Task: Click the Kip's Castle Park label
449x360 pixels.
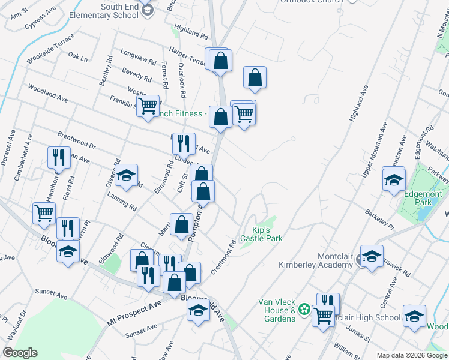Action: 261,234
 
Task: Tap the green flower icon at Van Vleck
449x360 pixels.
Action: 304,310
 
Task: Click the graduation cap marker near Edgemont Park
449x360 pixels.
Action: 394,180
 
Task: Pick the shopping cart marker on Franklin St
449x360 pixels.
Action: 148,107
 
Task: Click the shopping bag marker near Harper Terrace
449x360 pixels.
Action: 221,61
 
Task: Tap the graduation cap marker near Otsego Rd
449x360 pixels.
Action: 127,176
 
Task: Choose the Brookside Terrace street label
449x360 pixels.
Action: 50,49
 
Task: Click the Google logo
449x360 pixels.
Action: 20,353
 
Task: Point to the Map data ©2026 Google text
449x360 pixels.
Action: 412,355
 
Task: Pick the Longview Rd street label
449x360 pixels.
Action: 138,57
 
